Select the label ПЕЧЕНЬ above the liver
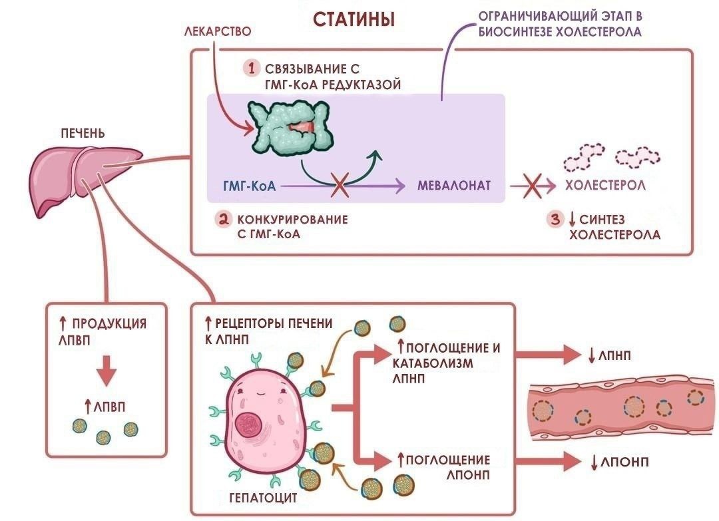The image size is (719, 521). click(81, 132)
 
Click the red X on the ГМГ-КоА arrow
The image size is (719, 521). click(342, 186)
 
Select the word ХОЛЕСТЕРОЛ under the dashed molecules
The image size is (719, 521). click(605, 186)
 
